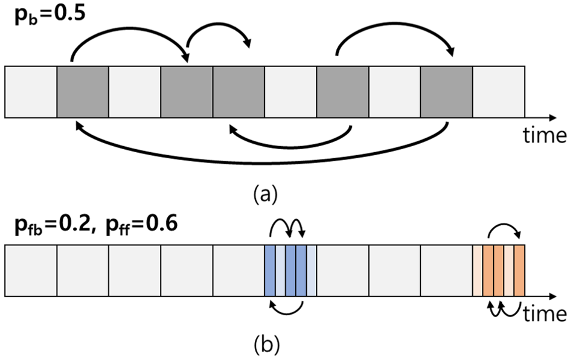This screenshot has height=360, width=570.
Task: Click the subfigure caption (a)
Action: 266,194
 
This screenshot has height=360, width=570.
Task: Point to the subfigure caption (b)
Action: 266,345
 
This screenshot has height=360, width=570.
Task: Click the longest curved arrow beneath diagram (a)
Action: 260,161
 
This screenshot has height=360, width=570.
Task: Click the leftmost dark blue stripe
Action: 270,271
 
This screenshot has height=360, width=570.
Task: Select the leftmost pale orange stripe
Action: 477,271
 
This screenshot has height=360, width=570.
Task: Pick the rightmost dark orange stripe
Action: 520,271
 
